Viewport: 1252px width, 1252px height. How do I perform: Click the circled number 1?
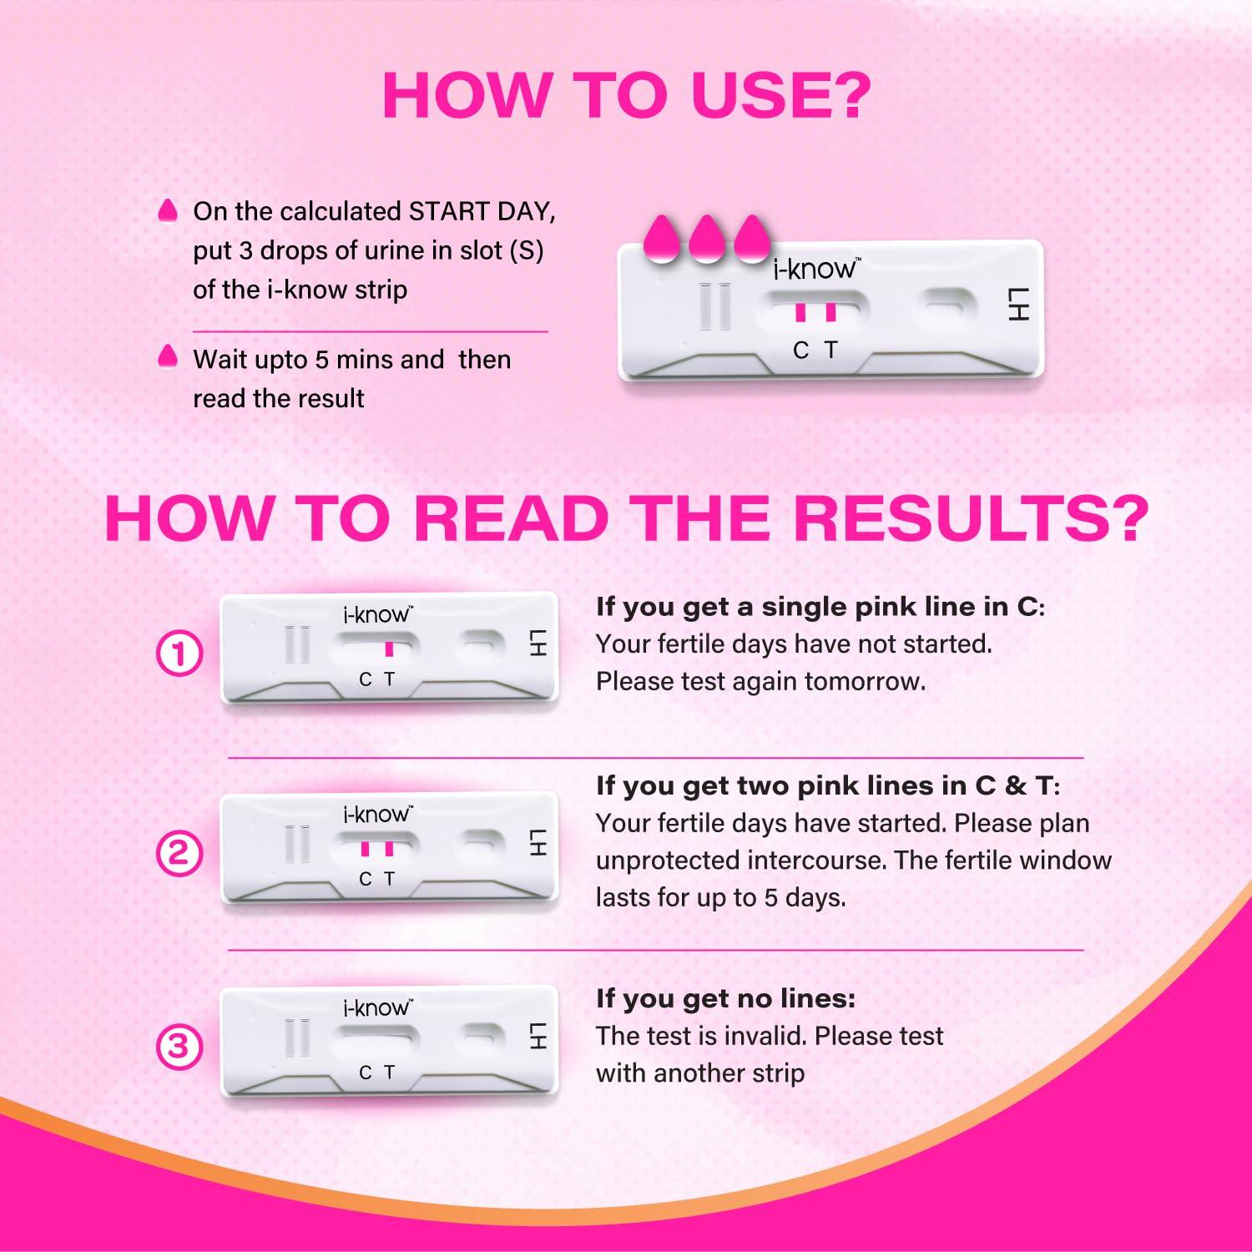179,654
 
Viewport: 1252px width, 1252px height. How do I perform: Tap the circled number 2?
179,853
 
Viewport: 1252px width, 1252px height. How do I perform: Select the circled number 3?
179,1046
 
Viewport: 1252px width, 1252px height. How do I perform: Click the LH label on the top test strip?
1018,305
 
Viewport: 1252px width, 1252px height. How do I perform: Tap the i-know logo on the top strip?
813,268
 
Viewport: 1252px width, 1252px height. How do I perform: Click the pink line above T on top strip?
830,311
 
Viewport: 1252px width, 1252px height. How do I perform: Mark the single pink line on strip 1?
389,649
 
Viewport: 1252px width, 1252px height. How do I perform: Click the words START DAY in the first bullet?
481,211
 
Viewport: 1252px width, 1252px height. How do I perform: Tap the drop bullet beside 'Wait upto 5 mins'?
168,356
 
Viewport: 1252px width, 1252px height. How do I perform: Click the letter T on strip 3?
389,1073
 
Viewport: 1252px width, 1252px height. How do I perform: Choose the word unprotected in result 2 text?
668,861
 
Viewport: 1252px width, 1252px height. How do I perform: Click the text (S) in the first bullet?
525,250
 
